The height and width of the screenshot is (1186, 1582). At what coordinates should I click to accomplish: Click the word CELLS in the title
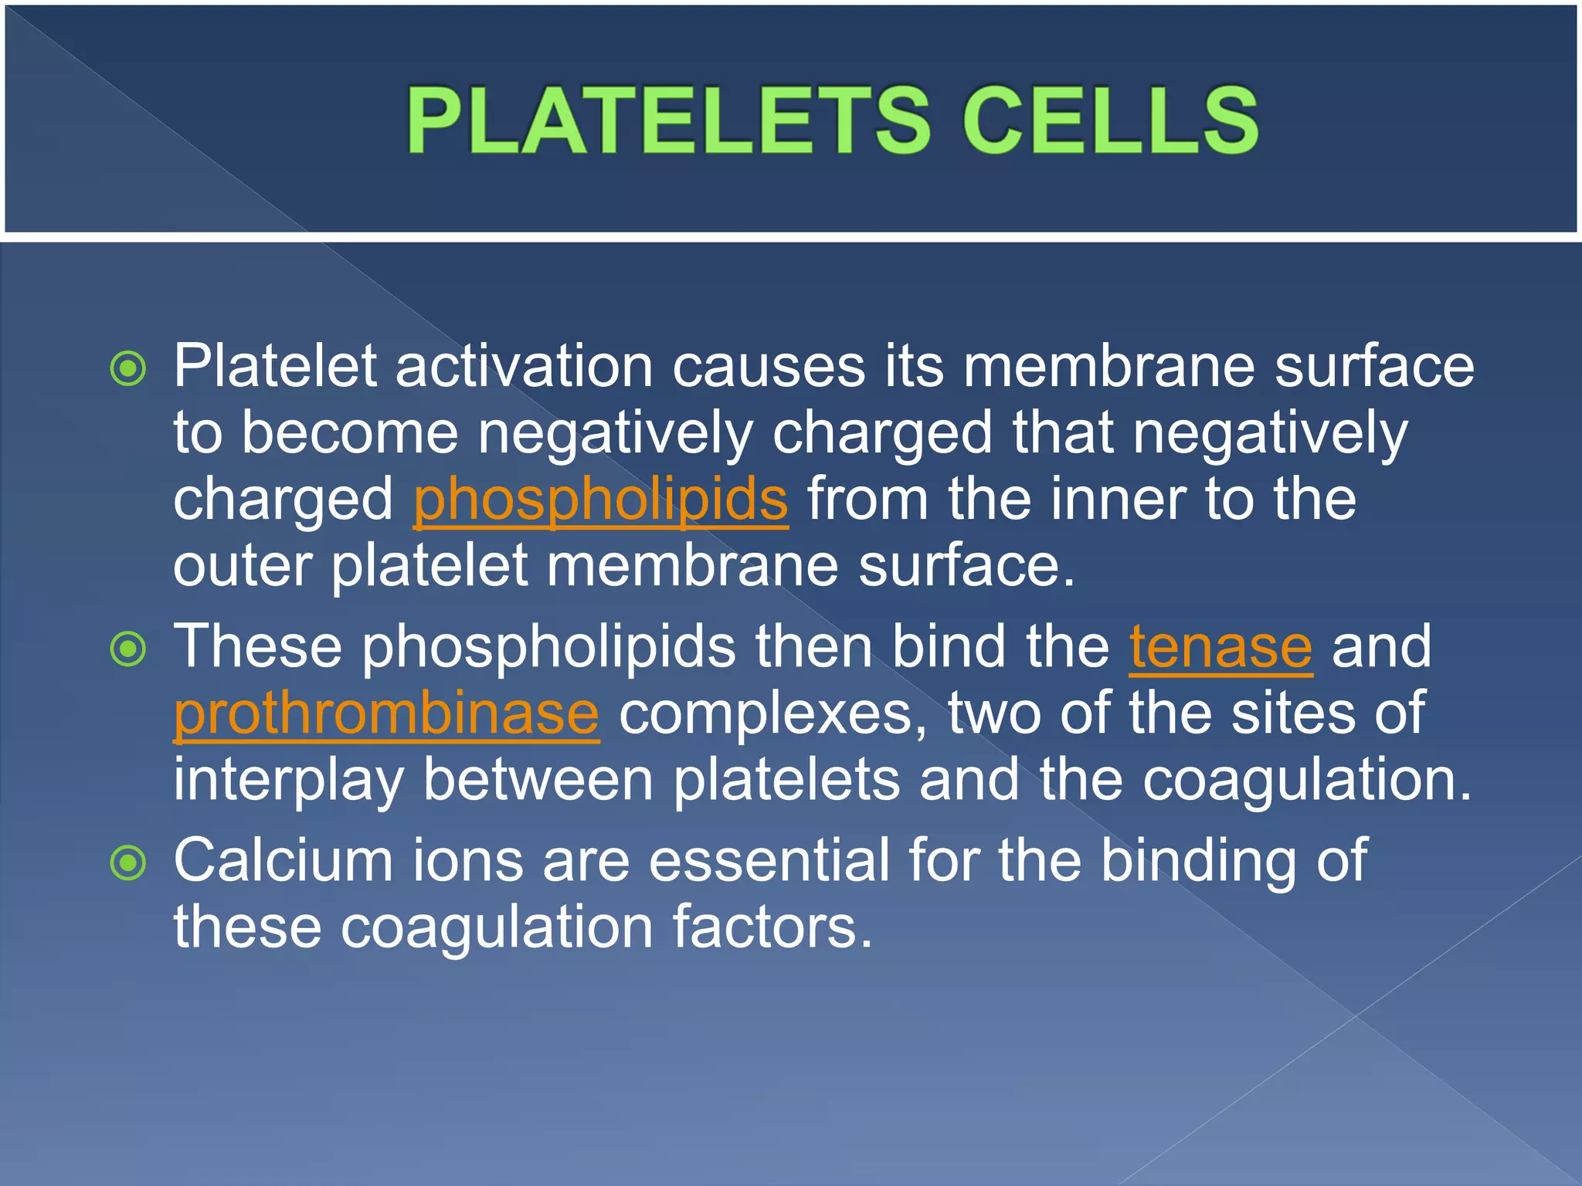[1110, 120]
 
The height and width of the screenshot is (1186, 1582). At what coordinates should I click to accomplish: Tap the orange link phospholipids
[600, 500]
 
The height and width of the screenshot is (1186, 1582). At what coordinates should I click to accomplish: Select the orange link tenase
[1220, 646]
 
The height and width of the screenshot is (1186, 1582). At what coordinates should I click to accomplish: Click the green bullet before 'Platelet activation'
[128, 369]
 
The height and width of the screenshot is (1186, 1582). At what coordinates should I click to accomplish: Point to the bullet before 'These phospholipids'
[128, 649]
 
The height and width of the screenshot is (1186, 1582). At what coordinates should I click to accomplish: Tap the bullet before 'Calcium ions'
[128, 862]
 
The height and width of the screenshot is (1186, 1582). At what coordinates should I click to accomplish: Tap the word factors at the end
[772, 926]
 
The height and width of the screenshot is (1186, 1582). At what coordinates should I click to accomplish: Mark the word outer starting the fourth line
[242, 566]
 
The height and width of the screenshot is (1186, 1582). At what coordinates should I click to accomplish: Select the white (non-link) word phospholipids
[548, 646]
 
